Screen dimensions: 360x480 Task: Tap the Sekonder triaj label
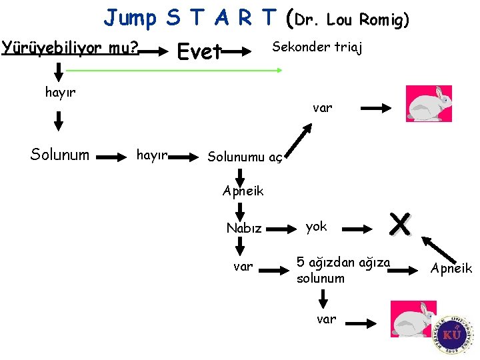pyautogui.click(x=317, y=47)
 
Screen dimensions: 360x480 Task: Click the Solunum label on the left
pyautogui.click(x=59, y=155)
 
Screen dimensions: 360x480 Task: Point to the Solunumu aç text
pyautogui.click(x=245, y=157)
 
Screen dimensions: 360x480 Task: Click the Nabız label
pyautogui.click(x=244, y=228)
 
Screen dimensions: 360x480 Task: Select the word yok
pyautogui.click(x=316, y=227)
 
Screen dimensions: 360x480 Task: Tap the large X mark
pyautogui.click(x=400, y=225)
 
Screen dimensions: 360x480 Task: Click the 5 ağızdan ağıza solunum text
pyautogui.click(x=343, y=270)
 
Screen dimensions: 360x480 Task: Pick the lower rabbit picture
pyautogui.click(x=413, y=320)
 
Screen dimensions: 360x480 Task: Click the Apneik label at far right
pyautogui.click(x=451, y=268)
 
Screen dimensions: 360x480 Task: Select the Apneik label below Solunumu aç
pyautogui.click(x=243, y=191)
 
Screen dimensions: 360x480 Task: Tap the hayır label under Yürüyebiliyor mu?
pyautogui.click(x=60, y=93)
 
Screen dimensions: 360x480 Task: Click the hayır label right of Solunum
pyautogui.click(x=151, y=155)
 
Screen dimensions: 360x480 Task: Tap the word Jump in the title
pyautogui.click(x=129, y=18)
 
